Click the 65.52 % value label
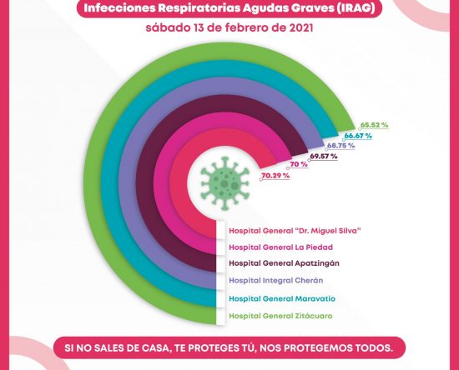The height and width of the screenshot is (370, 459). [374, 125]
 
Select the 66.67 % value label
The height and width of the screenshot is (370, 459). [358, 136]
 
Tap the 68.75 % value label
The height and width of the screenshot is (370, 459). [340, 146]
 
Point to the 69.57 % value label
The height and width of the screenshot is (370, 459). [324, 157]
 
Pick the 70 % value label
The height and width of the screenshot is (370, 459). [299, 164]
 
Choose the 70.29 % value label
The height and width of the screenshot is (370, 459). [275, 176]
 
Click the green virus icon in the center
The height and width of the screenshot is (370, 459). [224, 183]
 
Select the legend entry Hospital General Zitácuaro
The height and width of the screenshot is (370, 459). [280, 316]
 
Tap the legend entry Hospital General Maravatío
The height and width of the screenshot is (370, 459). [282, 298]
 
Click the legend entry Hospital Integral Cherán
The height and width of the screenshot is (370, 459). [275, 281]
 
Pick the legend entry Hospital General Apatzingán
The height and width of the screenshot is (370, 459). [284, 263]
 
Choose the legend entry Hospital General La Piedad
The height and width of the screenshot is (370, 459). [280, 247]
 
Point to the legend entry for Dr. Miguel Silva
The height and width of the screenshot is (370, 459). [295, 231]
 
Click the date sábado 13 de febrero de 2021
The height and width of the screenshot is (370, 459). [229, 28]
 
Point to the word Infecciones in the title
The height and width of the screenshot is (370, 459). [119, 8]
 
